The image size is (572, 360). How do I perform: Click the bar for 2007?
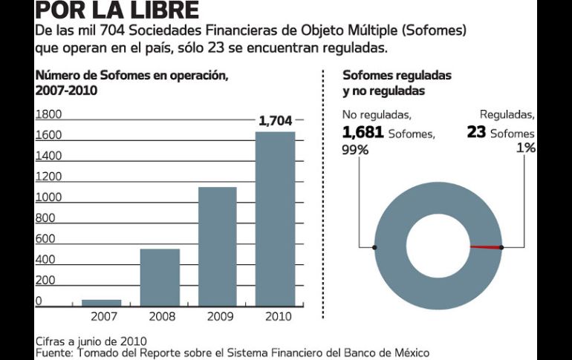pyautogui.click(x=101, y=302)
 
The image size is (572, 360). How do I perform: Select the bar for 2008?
pyautogui.click(x=160, y=277)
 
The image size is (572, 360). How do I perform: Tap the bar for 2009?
pyautogui.click(x=217, y=246)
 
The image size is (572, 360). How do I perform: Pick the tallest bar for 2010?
pyautogui.click(x=275, y=218)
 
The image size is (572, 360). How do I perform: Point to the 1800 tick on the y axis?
pyautogui.click(x=49, y=114)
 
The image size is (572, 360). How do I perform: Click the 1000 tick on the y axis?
pyautogui.click(x=49, y=197)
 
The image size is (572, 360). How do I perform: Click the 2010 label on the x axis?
pyautogui.click(x=275, y=316)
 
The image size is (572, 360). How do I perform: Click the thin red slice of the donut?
pyautogui.click(x=486, y=247)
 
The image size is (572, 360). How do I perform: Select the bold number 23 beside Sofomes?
pyautogui.click(x=476, y=133)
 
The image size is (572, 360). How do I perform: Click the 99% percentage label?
pyautogui.click(x=354, y=149)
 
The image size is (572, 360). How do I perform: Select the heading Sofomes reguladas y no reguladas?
pyautogui.click(x=397, y=83)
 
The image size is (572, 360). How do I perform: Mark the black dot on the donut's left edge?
pyautogui.click(x=374, y=247)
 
